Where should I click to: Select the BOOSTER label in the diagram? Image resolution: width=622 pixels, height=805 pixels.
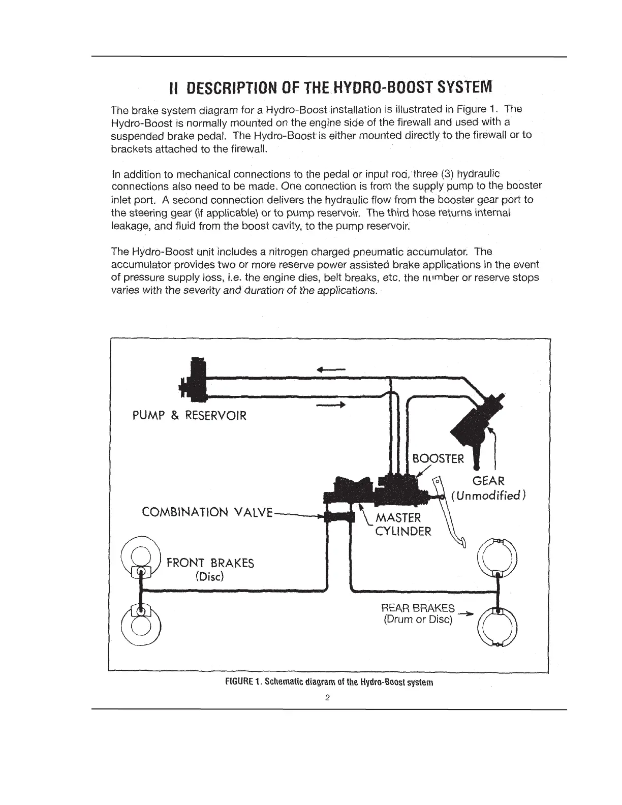438,459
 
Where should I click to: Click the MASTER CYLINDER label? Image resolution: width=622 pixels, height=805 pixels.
403,524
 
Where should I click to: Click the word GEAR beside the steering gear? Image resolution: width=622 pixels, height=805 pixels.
488,481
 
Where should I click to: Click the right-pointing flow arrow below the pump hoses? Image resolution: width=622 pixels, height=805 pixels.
331,405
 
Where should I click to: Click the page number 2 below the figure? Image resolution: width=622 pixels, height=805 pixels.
328,698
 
